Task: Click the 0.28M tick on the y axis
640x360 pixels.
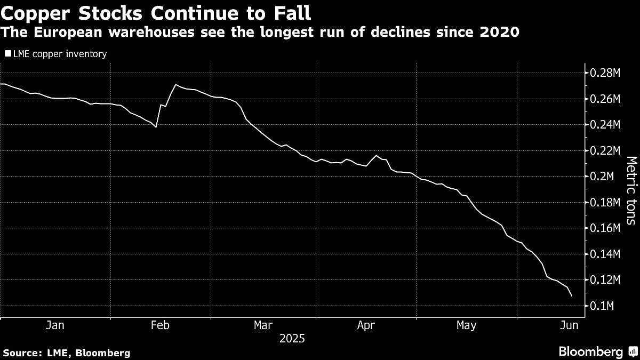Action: [605, 73]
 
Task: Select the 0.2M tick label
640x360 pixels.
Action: [603, 177]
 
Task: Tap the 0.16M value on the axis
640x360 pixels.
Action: [605, 228]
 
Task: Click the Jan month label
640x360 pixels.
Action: [55, 325]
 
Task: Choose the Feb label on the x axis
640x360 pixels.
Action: [160, 325]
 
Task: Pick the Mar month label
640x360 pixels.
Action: [263, 325]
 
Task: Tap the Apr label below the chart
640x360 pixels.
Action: [366, 325]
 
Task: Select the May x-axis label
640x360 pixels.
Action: [467, 325]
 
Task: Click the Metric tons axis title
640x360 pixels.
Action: [630, 190]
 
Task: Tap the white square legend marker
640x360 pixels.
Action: [7, 53]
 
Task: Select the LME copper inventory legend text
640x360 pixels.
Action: [59, 53]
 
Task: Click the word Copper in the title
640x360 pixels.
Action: [36, 12]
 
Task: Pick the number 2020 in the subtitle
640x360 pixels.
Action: [500, 32]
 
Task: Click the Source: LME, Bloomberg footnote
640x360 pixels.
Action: [67, 353]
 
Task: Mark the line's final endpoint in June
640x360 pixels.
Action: [572, 296]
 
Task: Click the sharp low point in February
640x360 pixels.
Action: [156, 127]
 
